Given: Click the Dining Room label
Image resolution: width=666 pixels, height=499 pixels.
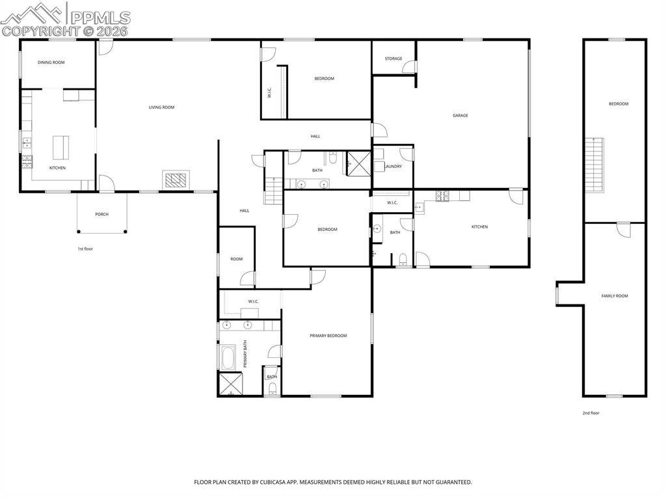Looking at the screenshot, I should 51,62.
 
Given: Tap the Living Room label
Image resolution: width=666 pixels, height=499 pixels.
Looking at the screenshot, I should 161,107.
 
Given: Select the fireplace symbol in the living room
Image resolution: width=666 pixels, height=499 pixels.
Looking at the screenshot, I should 176,180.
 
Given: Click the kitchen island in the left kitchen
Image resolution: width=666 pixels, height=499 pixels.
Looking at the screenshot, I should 61,147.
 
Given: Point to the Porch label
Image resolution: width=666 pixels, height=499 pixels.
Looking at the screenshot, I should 102,214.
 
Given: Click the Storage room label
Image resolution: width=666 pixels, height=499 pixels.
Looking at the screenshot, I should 393,59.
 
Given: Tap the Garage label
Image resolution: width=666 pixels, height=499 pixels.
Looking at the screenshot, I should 460,115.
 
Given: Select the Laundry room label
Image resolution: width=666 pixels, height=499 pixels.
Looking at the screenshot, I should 393,167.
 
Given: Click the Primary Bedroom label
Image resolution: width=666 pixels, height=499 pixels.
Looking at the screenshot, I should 328,336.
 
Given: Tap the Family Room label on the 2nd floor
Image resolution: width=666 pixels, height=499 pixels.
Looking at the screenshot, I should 614,296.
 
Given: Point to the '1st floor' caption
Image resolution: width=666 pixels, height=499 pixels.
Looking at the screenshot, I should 85,249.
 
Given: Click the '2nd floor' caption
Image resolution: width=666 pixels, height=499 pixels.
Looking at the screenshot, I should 591,412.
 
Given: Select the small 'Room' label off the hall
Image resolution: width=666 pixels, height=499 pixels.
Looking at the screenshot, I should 236,259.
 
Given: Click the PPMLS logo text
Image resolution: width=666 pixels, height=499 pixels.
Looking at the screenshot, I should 100,18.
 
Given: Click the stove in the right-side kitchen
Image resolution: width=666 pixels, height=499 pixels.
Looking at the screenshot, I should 443,195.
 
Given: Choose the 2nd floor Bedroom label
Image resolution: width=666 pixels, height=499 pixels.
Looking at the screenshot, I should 618,104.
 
